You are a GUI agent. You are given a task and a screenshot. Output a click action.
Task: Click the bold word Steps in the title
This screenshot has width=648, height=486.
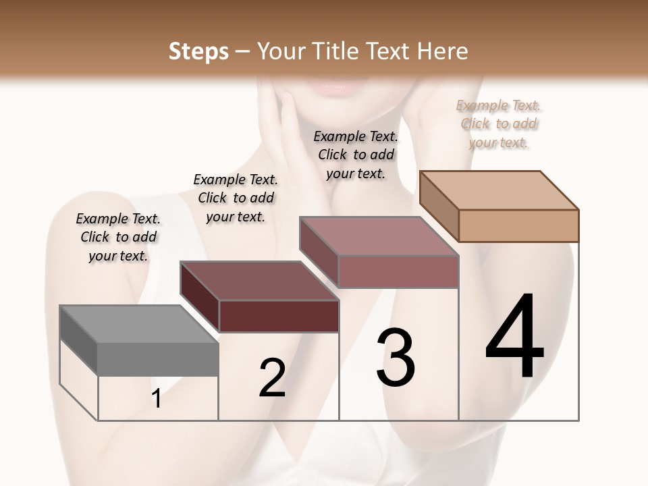click(198, 51)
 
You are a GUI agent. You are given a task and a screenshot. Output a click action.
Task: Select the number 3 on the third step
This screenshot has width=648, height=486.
click(395, 357)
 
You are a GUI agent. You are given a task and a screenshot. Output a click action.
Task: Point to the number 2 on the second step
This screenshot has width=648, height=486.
click(273, 377)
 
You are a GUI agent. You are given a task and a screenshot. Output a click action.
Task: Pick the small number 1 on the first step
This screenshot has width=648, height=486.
click(157, 399)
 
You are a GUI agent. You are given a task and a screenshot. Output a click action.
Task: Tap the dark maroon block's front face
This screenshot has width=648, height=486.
click(279, 316)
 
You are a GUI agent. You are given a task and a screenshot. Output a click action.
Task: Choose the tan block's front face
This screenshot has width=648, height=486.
click(518, 225)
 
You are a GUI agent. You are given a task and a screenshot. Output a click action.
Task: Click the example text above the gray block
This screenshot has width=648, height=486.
click(118, 237)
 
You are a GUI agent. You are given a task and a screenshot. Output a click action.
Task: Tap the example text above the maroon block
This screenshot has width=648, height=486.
click(236, 198)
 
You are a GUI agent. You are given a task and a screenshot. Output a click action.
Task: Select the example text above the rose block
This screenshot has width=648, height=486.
click(356, 155)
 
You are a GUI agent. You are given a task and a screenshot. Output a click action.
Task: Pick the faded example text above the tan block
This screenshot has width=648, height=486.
click(499, 124)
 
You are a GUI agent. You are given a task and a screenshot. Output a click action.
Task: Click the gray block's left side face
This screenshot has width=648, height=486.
click(78, 340)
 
